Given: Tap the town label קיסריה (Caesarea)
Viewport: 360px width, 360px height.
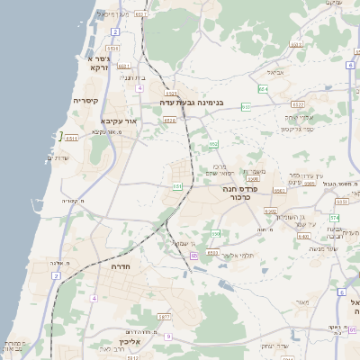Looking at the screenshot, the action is click(91, 101).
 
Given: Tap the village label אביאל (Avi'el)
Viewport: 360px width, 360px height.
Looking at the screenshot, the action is click(275, 71).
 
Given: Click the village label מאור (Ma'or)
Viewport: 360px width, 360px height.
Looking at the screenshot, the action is click(301, 301).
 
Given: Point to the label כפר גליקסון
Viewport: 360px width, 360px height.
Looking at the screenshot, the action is click(297, 129).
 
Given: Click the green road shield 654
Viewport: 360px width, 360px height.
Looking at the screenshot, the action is click(262, 89).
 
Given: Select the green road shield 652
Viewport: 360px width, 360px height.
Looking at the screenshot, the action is click(213, 144).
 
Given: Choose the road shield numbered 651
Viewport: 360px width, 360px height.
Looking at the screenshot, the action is click(177, 186).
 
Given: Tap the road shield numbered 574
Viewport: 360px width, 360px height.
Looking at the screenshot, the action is click(334, 218).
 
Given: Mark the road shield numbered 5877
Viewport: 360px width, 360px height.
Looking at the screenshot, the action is click(164, 317).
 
